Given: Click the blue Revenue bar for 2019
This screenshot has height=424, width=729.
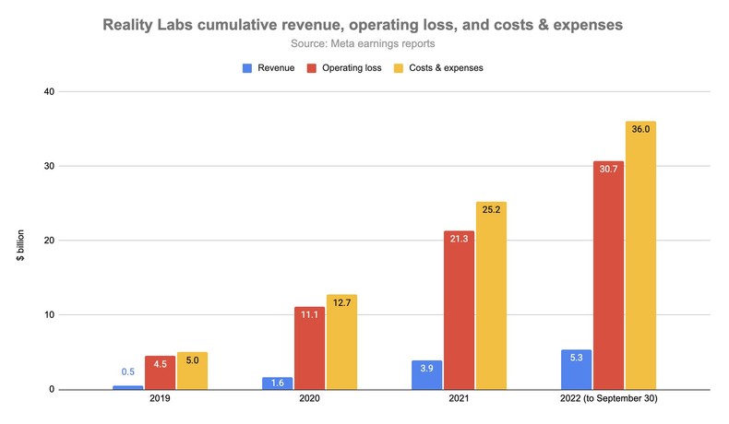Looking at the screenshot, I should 127,387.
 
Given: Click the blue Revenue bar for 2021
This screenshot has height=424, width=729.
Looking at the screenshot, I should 427,375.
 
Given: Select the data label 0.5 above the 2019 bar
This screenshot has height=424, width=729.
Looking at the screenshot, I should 128,372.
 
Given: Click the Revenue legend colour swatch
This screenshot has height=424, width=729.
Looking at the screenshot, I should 246,67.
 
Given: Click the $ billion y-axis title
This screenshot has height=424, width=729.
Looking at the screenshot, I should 20,241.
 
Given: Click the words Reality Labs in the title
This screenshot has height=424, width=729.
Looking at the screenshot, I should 152,21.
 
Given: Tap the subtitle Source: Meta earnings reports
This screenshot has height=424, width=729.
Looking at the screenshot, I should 364,42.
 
